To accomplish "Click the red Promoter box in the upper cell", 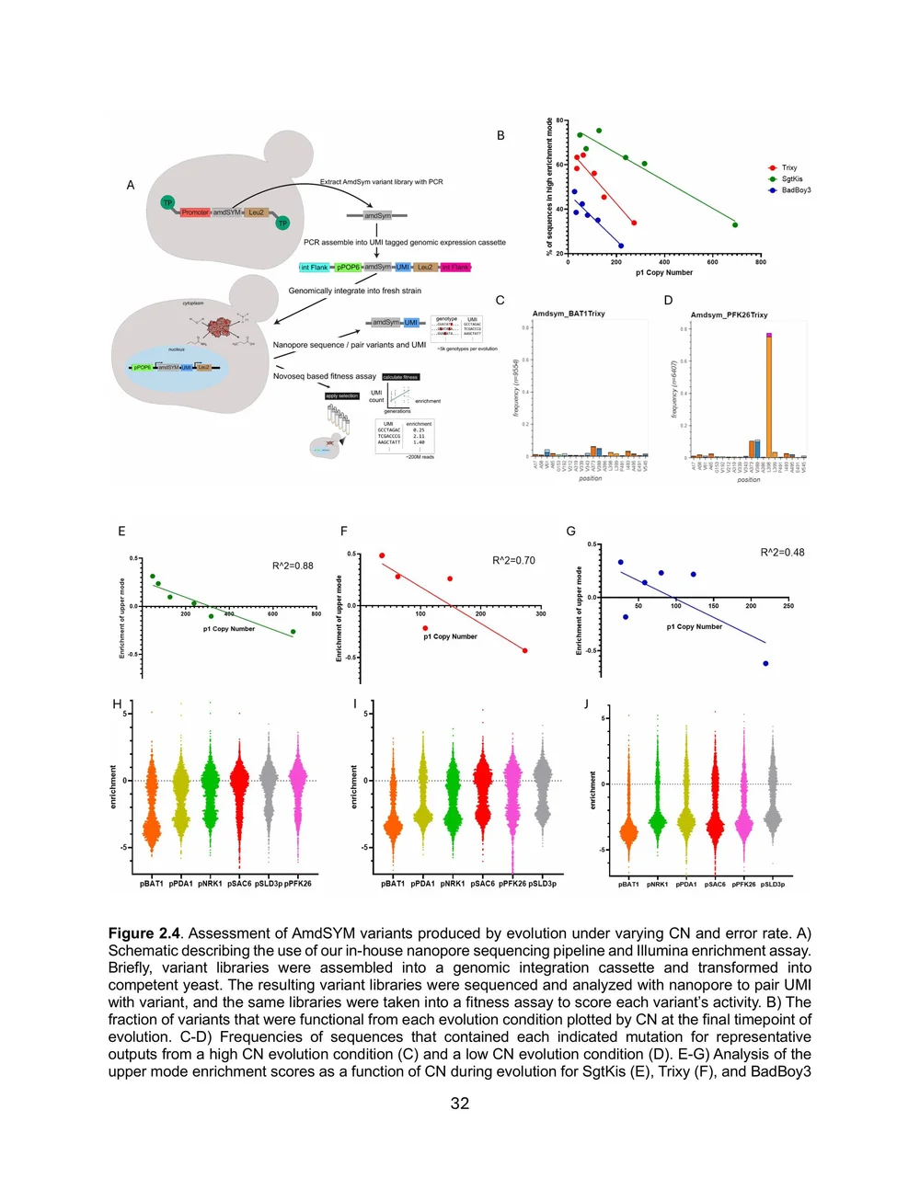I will [195, 212].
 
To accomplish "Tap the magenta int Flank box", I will [455, 268].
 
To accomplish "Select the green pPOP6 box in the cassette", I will [349, 268].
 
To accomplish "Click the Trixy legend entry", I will [788, 168].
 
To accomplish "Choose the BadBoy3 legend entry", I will [796, 190].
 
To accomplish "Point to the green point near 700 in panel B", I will [734, 224].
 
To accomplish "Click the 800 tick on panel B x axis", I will [761, 262].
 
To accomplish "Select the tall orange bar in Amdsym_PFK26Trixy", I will [769, 395].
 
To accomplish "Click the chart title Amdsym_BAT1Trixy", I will [569, 314].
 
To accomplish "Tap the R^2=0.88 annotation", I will [293, 566].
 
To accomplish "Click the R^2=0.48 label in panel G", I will [782, 553].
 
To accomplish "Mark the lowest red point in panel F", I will [525, 651].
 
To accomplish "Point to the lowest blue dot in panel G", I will [765, 663].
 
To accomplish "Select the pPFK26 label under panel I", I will [512, 884].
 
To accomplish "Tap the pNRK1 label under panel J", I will [657, 885].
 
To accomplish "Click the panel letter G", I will [571, 532].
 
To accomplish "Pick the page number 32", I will [460, 1104].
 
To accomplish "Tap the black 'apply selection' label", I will [342, 396].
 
